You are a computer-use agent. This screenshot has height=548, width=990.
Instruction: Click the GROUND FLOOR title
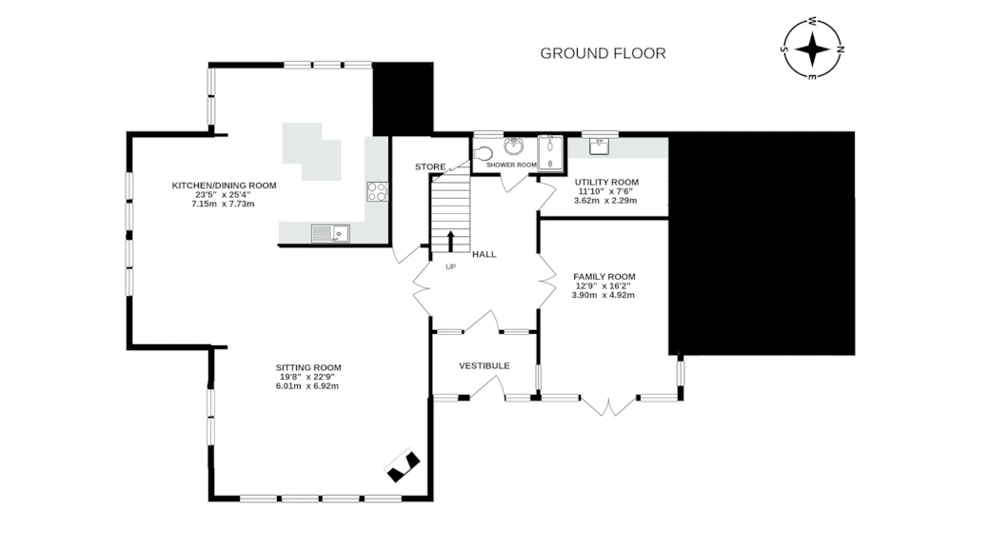pos(603,53)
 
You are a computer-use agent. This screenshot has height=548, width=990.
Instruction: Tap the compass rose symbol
pos(813,49)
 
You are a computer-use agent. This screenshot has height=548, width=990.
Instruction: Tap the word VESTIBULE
pos(485,365)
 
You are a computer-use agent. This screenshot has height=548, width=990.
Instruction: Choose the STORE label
pos(430,166)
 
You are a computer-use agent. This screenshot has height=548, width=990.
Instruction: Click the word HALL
pos(485,254)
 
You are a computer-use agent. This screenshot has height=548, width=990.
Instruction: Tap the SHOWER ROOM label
pos(511,165)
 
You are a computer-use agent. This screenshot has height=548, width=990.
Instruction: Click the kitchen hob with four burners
pos(377,191)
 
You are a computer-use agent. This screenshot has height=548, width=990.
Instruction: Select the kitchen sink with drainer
pos(330,234)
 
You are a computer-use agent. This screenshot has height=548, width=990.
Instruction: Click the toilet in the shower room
pos(483,153)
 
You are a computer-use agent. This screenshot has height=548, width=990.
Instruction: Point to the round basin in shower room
pos(513,146)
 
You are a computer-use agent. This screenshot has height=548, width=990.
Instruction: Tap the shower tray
pos(550,152)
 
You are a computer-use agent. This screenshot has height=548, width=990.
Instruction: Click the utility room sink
pos(599,147)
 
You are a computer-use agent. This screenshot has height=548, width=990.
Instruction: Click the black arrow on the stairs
pos(451,242)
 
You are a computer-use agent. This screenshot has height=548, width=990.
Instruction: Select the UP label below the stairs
pos(451,267)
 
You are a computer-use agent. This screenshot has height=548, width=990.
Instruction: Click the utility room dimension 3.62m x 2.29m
pos(605,201)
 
